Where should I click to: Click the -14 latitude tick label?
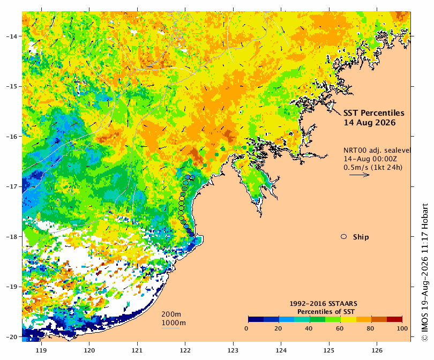(11, 36)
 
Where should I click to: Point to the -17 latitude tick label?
(11, 186)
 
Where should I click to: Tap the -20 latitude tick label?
(11, 337)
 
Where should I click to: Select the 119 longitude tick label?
(41, 350)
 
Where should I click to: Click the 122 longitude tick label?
(185, 350)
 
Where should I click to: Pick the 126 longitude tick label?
(377, 350)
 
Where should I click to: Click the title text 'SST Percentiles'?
(373, 113)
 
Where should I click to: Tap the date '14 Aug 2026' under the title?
(370, 122)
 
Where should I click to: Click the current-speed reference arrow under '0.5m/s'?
(360, 175)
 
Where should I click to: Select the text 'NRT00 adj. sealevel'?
(377, 150)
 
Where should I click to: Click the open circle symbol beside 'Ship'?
(344, 237)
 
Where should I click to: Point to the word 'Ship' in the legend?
(361, 237)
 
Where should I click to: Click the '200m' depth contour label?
(171, 314)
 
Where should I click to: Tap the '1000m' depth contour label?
(174, 323)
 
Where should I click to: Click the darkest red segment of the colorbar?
(394, 319)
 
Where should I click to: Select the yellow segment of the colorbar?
(348, 319)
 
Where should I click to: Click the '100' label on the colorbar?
(402, 328)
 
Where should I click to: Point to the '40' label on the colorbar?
(309, 328)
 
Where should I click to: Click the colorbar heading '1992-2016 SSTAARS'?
(323, 304)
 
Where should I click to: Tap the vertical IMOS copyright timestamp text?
(424, 272)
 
